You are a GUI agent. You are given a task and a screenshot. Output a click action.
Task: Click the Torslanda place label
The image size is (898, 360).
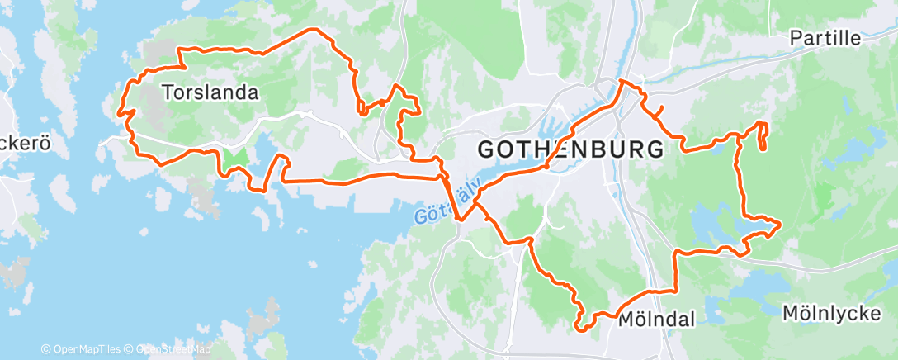point(210,92)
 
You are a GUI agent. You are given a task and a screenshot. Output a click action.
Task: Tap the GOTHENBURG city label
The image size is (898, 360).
point(570,150)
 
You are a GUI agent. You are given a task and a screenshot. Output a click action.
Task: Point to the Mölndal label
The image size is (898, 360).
point(656,320)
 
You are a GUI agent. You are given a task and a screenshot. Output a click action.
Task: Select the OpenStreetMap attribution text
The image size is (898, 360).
point(173,349)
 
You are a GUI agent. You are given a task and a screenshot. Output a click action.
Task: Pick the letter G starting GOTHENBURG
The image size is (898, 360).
point(487,150)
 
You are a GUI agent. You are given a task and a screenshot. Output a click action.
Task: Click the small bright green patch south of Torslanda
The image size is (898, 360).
point(235,157)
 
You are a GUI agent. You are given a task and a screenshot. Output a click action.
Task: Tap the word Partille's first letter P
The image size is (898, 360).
point(795,38)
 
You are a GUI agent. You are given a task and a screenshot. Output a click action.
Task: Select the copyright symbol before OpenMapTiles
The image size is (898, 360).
point(46,349)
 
